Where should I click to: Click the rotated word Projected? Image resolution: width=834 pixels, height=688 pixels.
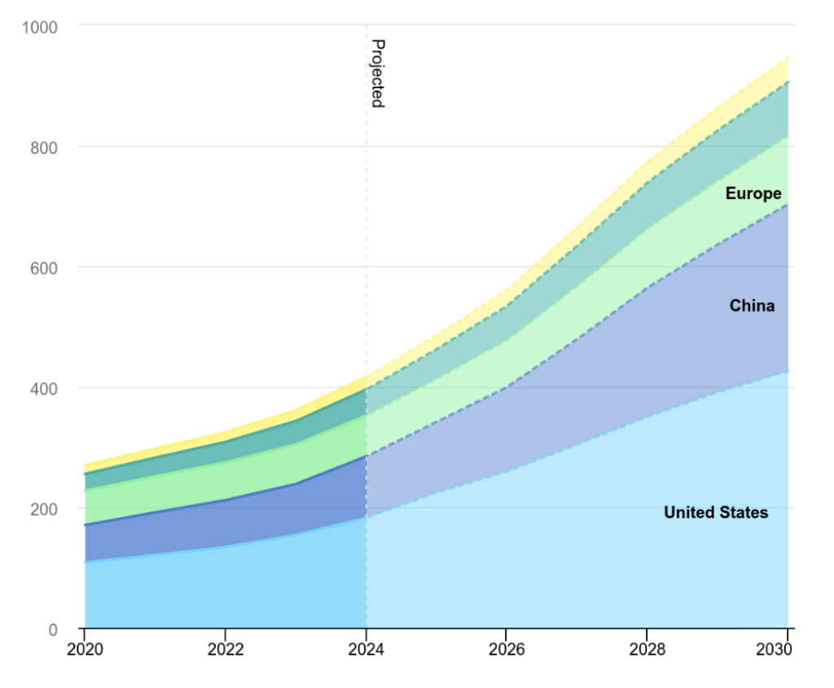(x=377, y=73)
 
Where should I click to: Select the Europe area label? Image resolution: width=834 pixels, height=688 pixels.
(x=753, y=194)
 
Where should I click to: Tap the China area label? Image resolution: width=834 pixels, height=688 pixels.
(x=752, y=307)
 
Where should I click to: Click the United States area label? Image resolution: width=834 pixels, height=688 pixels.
(x=716, y=513)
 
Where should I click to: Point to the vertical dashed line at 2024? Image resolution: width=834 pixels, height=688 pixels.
(x=366, y=245)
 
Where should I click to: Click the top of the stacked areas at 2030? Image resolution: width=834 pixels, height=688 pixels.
(x=788, y=58)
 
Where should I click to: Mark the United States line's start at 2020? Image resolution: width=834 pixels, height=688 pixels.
(x=85, y=562)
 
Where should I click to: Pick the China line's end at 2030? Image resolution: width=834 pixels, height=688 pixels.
(x=788, y=205)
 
